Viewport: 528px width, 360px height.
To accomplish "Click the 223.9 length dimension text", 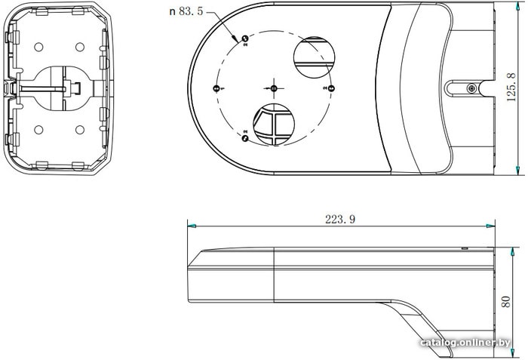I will pyautogui.click(x=339, y=219).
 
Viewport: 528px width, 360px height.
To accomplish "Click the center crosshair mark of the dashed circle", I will pyautogui.click(x=273, y=88).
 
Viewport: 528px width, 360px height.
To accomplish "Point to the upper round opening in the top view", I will pyautogui.click(x=312, y=57).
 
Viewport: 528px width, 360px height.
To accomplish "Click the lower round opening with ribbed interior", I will pyautogui.click(x=272, y=124).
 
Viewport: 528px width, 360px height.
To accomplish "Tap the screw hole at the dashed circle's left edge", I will pyautogui.click(x=217, y=88).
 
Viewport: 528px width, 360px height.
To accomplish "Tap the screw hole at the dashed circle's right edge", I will pyautogui.click(x=330, y=88).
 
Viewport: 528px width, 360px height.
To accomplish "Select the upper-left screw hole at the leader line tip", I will pyautogui.click(x=244, y=39).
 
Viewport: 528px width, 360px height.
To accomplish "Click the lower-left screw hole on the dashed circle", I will pyautogui.click(x=244, y=137).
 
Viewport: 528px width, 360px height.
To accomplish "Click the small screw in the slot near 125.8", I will pyautogui.click(x=471, y=89).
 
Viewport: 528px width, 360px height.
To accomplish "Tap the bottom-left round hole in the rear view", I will pyautogui.click(x=36, y=129).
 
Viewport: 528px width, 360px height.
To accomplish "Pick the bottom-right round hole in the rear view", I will pyautogui.click(x=79, y=129).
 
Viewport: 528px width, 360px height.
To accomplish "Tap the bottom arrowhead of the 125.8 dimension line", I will pyautogui.click(x=520, y=170).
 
